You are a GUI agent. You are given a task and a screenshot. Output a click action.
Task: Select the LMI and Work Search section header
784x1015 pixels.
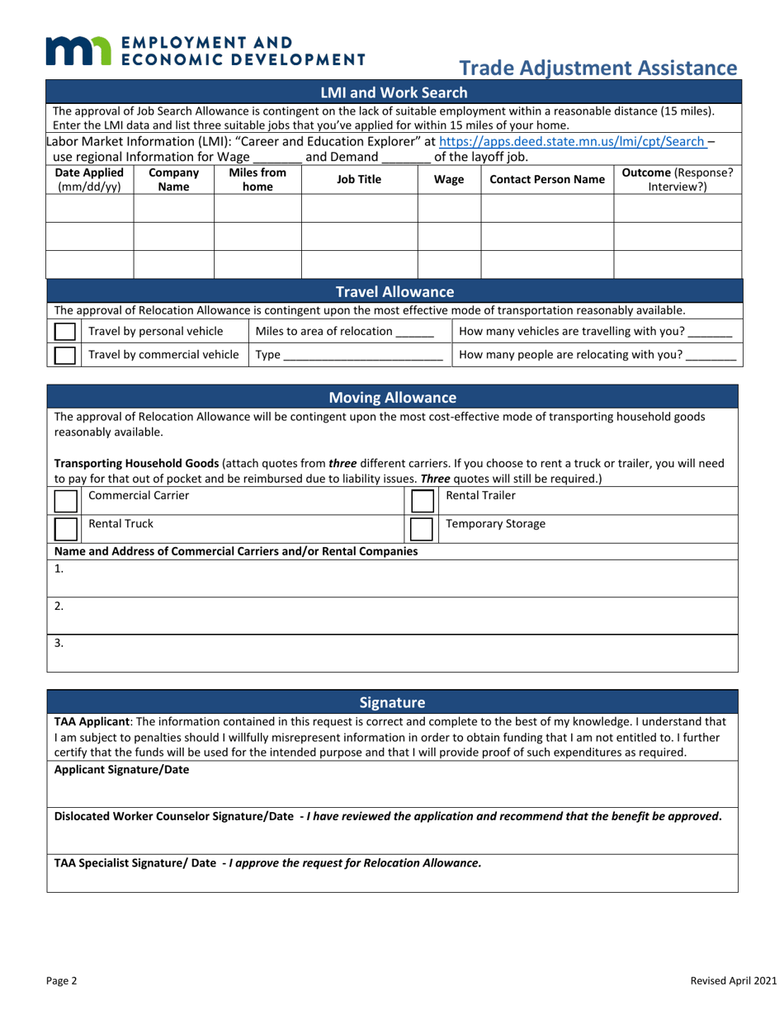393,92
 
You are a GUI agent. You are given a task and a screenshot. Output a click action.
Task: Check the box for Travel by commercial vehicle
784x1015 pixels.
64,356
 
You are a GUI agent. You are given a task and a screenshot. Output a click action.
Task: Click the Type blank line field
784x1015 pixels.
362,356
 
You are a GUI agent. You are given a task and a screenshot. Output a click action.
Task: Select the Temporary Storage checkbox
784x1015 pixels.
423,529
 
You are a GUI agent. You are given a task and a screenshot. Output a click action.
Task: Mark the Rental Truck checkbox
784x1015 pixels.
65,529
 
